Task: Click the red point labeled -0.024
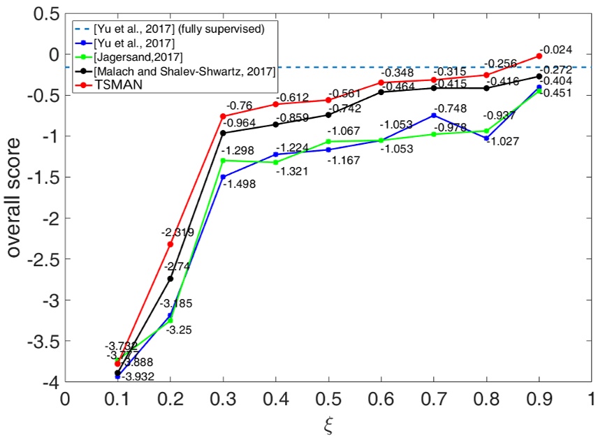[539, 56]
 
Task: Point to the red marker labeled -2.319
[170, 244]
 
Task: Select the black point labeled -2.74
[170, 279]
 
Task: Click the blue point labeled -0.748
[434, 115]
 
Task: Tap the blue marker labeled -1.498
[223, 177]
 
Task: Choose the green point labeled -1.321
[276, 162]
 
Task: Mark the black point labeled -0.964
[223, 133]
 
